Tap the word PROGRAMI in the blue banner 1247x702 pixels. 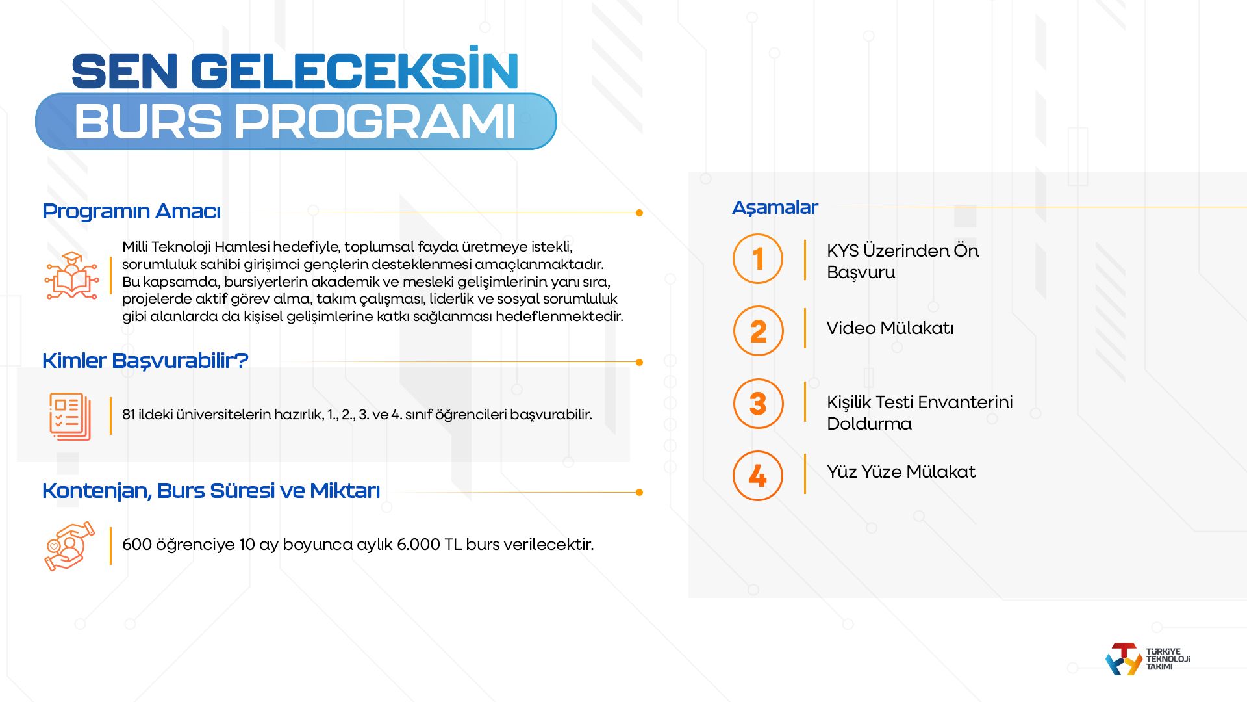tap(375, 122)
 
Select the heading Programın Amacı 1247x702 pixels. tap(131, 211)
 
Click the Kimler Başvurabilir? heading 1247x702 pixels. tap(145, 360)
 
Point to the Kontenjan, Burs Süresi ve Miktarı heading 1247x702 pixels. tap(210, 491)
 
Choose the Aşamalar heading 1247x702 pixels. tap(775, 207)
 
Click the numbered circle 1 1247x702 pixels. tap(758, 259)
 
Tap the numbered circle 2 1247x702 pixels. tap(758, 331)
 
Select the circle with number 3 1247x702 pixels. tap(758, 404)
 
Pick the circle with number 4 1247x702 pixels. tap(758, 476)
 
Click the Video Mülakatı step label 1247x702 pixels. tap(890, 328)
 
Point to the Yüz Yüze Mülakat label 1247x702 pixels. tap(901, 472)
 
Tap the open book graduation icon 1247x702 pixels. tap(71, 276)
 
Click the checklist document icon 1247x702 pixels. tap(69, 416)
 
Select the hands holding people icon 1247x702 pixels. tap(69, 546)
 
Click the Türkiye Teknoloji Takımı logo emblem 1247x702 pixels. tap(1124, 659)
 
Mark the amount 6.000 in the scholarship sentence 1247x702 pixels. tap(418, 545)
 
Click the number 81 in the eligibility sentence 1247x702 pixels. tap(129, 415)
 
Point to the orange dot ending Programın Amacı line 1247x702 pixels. tap(639, 213)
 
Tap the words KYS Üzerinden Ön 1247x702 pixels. tap(902, 251)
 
